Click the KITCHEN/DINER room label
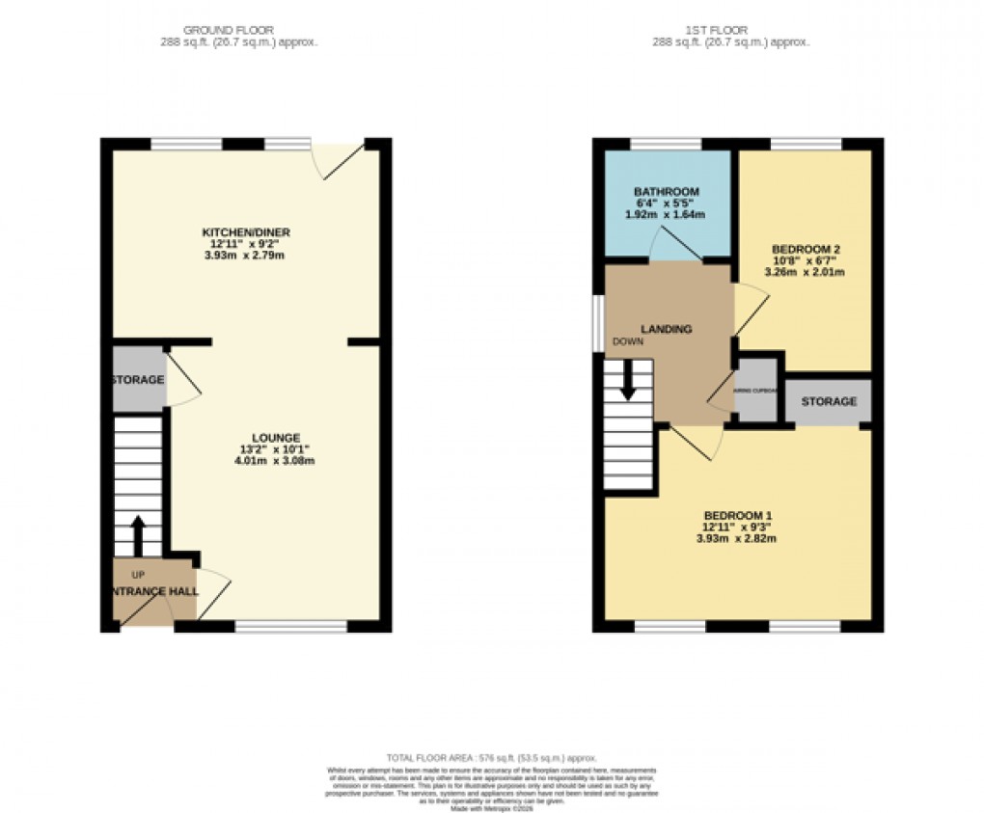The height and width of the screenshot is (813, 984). click(x=245, y=232)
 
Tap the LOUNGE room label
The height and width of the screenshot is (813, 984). click(x=275, y=437)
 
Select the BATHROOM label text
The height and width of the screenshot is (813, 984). click(x=666, y=192)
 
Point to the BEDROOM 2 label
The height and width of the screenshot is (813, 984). click(x=804, y=247)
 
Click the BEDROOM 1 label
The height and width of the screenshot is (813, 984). click(x=739, y=514)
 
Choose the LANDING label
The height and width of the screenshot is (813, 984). click(x=668, y=329)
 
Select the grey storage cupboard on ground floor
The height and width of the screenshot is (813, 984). click(x=138, y=379)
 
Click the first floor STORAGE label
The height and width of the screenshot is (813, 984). click(x=828, y=401)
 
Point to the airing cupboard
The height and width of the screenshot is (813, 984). click(x=756, y=392)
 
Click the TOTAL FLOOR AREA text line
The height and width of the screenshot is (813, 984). click(x=492, y=758)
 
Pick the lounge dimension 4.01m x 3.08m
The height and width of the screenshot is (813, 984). click(x=275, y=460)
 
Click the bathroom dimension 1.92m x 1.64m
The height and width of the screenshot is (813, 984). click(x=666, y=215)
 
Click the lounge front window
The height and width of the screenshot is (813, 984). click(x=290, y=627)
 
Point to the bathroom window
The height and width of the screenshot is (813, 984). click(x=666, y=144)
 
